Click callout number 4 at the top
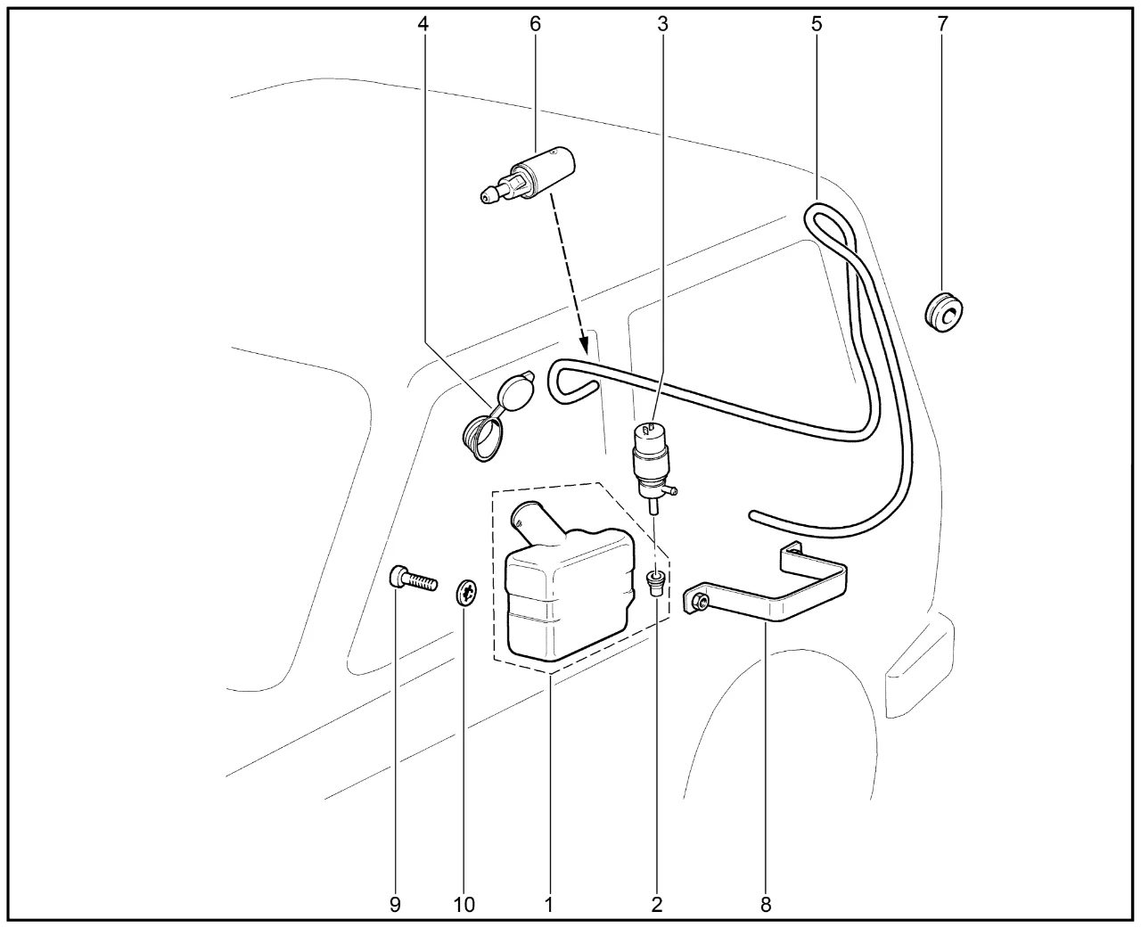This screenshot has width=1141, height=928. [x=423, y=23]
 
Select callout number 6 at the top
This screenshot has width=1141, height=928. [x=535, y=23]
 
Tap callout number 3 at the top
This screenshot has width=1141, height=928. [x=662, y=23]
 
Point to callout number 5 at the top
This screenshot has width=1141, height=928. [x=817, y=23]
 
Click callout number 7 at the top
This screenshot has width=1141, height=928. [x=943, y=23]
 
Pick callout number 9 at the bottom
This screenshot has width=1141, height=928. [x=395, y=905]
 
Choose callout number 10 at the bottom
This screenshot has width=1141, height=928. [x=464, y=905]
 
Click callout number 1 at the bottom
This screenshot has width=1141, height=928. [x=548, y=905]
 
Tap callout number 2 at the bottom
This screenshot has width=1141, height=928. [x=657, y=905]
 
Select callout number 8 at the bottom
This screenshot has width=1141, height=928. [x=766, y=905]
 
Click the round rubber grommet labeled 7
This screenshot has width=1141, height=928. [x=943, y=312]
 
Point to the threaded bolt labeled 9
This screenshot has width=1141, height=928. [x=413, y=579]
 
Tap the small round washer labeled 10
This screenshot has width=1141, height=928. [x=467, y=593]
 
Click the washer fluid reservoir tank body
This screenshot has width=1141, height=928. [x=570, y=595]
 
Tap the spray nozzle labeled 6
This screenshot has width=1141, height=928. [x=528, y=174]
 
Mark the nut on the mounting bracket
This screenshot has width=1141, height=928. [x=700, y=603]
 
